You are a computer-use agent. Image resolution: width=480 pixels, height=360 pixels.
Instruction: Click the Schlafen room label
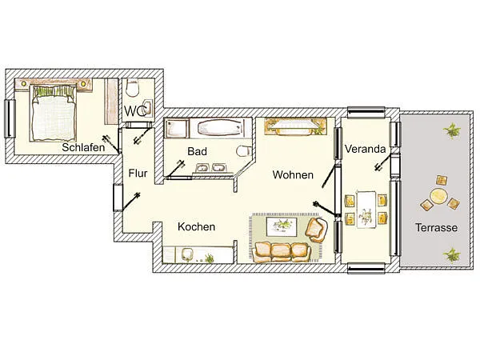point(83,147)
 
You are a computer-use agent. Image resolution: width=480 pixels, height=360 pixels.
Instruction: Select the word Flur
point(138,174)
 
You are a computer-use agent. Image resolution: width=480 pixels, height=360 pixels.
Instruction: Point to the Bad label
point(197,151)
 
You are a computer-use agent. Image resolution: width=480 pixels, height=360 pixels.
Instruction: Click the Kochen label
point(196,227)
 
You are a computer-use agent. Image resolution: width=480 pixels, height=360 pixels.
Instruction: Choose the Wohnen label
point(293,174)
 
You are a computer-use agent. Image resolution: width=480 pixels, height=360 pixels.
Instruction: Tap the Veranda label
point(366,149)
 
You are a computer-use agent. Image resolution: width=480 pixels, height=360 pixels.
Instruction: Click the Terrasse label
point(436,227)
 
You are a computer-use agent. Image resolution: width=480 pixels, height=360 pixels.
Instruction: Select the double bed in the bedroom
point(54,113)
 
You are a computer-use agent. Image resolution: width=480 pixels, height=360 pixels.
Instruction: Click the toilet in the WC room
point(133,88)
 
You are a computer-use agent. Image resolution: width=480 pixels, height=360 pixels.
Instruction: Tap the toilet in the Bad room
point(244,151)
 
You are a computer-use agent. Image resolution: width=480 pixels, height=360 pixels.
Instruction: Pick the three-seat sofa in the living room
point(283,252)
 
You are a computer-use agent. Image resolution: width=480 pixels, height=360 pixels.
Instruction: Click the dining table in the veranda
point(366,210)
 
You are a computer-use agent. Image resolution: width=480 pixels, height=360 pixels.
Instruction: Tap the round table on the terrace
point(438,196)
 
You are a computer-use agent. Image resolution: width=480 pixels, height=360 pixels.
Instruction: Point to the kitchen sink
point(187,254)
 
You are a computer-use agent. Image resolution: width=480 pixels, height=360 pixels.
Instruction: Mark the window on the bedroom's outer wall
point(10,118)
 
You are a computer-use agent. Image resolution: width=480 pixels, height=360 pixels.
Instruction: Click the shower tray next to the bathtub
point(177,129)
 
